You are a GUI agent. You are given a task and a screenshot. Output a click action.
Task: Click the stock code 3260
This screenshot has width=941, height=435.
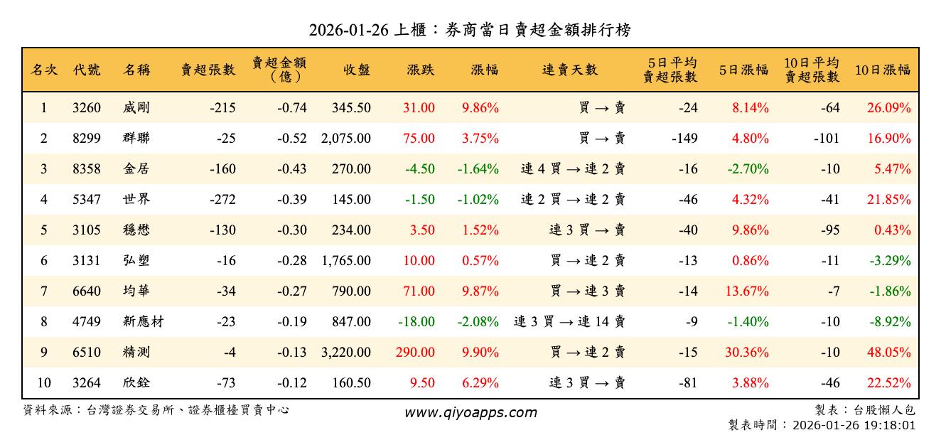click(87, 108)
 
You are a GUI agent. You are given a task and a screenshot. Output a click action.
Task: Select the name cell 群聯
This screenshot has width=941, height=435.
click(136, 139)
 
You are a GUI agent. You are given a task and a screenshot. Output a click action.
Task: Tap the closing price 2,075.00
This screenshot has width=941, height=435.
click(346, 139)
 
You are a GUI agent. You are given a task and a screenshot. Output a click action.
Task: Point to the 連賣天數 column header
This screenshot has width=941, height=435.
click(570, 70)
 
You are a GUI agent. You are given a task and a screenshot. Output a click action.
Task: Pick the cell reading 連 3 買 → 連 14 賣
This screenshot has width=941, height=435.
click(570, 322)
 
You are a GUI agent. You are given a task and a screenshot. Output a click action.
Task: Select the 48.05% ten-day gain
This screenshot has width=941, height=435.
click(888, 353)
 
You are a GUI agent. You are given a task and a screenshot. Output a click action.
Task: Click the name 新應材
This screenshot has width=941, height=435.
click(143, 322)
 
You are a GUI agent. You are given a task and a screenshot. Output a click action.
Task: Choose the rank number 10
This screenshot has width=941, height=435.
click(44, 383)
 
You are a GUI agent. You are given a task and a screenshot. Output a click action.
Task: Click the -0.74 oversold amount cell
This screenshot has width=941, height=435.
click(292, 108)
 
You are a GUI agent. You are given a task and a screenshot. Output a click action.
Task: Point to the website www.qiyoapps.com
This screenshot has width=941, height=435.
click(470, 412)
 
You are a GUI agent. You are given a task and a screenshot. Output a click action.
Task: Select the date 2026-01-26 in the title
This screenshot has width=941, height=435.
click(348, 30)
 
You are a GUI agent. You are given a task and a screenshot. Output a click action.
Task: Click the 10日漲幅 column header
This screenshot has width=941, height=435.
click(883, 70)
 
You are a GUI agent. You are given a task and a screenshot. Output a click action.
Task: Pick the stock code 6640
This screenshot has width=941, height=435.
click(87, 291)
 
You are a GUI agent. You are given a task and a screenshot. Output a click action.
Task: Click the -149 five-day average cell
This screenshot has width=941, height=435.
click(684, 139)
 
